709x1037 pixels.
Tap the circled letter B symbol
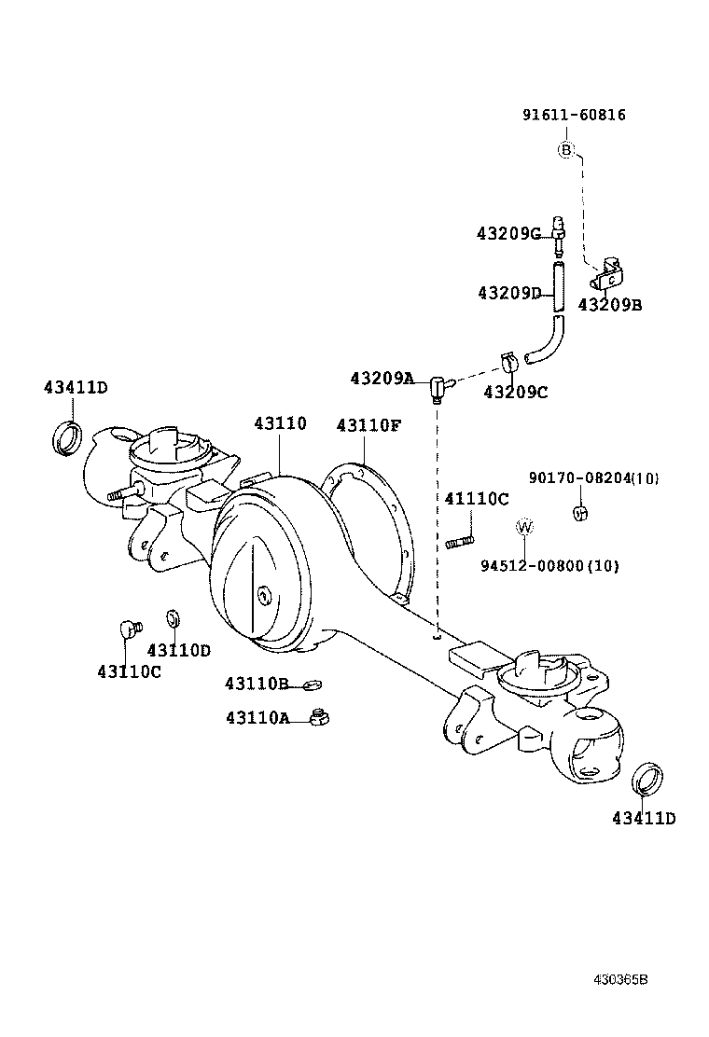[566, 149]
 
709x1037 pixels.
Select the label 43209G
[509, 233]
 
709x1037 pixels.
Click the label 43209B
[609, 304]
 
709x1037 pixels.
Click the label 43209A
[382, 378]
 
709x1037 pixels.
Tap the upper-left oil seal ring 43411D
[66, 438]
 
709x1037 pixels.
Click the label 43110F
[368, 425]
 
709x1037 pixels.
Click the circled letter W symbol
[525, 527]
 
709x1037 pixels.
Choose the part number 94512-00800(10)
[549, 565]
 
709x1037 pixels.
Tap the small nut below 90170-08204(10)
[578, 510]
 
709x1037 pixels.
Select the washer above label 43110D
[174, 618]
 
